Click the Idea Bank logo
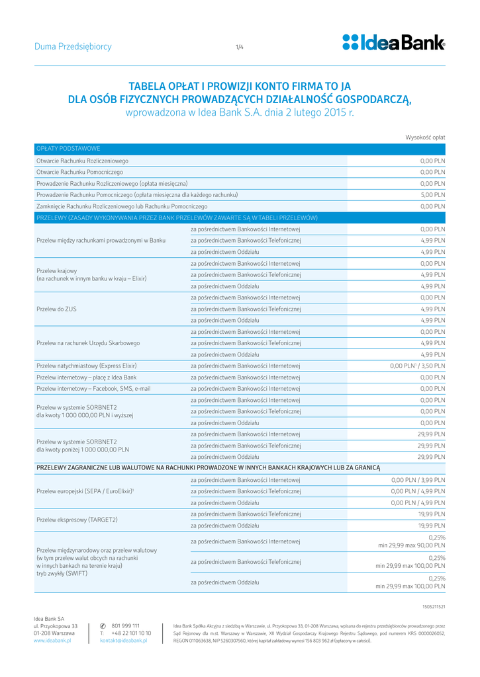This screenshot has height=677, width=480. pyautogui.click(x=393, y=43)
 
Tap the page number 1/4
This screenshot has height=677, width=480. pyautogui.click(x=240, y=47)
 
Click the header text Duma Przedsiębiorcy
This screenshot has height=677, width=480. pyautogui.click(x=73, y=47)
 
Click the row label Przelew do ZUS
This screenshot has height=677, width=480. pyautogui.click(x=57, y=309)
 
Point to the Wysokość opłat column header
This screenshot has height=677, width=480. pyautogui.click(x=425, y=137)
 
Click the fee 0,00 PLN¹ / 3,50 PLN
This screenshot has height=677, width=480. pyautogui.click(x=417, y=366)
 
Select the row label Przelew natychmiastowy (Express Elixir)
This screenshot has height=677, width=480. pyautogui.click(x=87, y=366)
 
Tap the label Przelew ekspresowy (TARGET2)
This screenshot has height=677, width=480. pyautogui.click(x=77, y=520)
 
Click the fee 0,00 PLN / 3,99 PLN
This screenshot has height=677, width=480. pyautogui.click(x=418, y=480)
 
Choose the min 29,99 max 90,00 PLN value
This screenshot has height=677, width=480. pyautogui.click(x=411, y=546)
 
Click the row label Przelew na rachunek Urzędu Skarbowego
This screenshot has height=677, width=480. pyautogui.click(x=88, y=343)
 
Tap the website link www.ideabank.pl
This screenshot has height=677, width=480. pyautogui.click(x=52, y=641)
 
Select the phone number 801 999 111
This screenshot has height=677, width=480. pyautogui.click(x=125, y=625)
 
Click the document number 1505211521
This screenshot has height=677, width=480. pyautogui.click(x=434, y=606)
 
